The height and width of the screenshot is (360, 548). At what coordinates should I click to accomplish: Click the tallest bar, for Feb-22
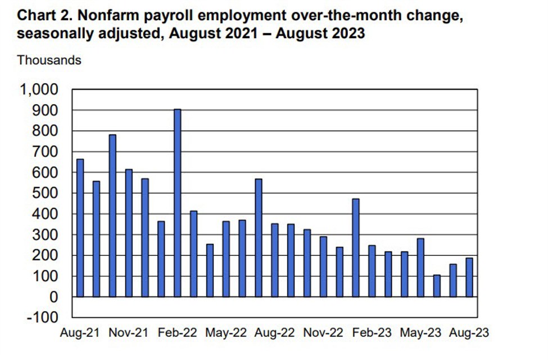177,202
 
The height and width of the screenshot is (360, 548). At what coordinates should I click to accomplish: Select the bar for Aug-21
80,228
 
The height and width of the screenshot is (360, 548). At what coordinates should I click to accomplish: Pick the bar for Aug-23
469,277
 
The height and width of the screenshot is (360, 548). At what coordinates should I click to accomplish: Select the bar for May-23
420,268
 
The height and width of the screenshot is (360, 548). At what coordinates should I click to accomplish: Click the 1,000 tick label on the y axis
39,89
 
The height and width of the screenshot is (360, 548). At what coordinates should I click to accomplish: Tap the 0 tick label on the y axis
54,296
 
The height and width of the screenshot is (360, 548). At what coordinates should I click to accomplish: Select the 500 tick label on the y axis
46,193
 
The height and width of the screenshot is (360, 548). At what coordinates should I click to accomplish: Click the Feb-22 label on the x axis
178,333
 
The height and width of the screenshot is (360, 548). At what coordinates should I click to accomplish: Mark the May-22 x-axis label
226,333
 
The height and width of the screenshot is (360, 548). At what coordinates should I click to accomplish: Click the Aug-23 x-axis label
469,333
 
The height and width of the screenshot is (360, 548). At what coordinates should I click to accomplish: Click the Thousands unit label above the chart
49,60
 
